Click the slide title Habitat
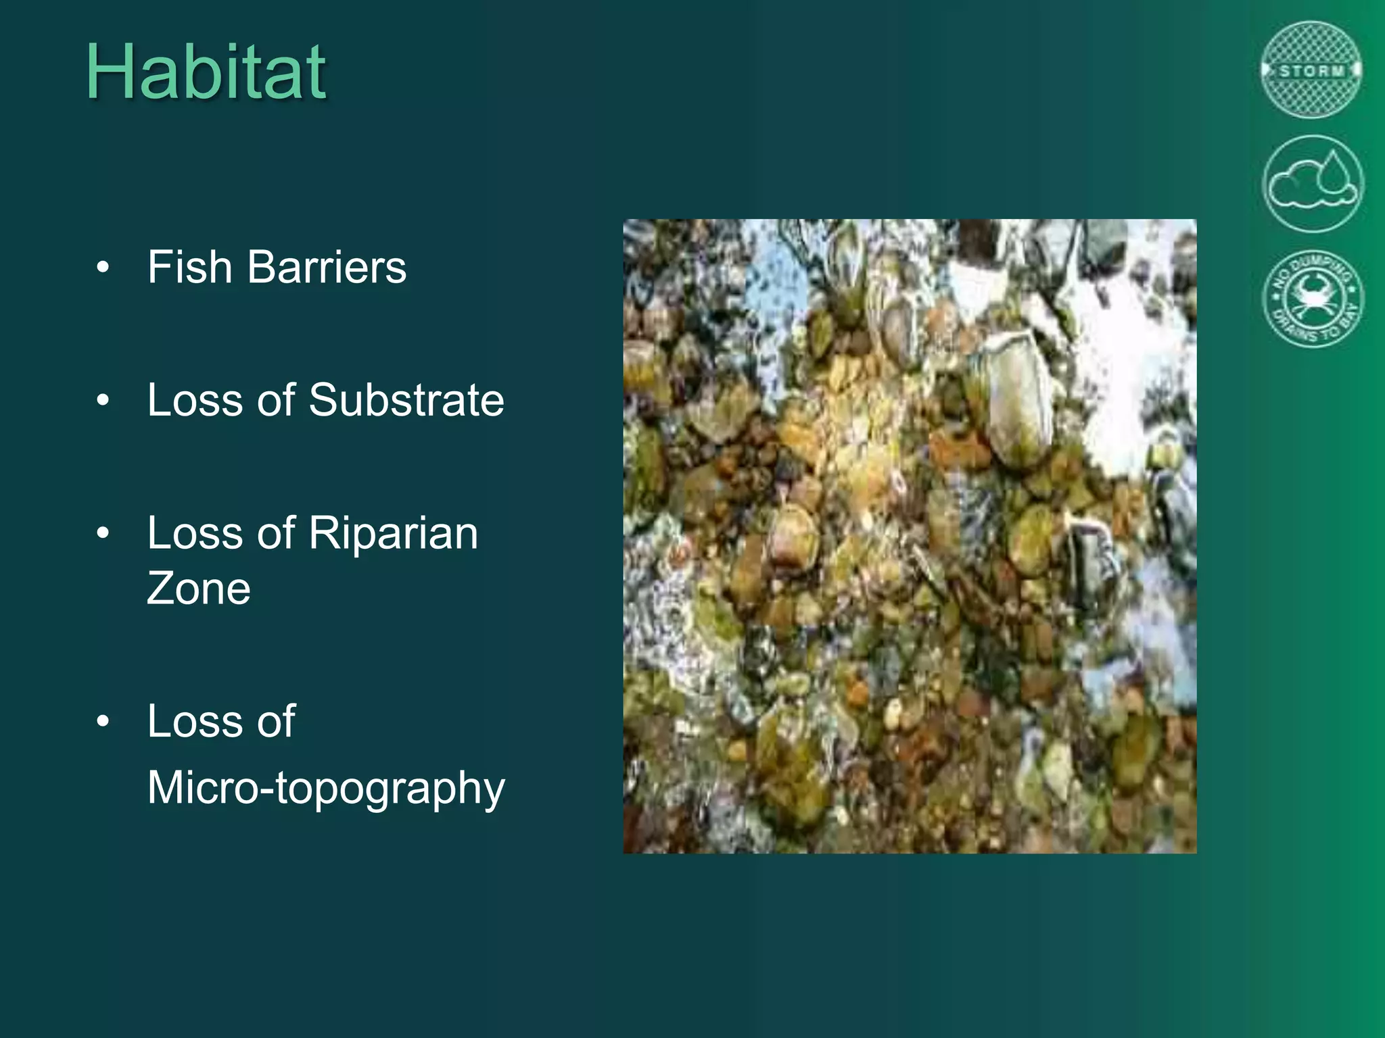click(x=206, y=72)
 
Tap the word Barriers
click(x=327, y=267)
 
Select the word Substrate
click(x=406, y=400)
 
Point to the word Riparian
click(x=393, y=533)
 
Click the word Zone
click(x=198, y=588)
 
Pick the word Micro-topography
click(x=326, y=788)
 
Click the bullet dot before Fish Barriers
click(x=103, y=268)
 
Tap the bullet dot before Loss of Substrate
click(x=103, y=401)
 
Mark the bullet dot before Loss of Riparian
click(x=103, y=534)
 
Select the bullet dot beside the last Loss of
click(x=103, y=721)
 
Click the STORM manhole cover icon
click(x=1311, y=70)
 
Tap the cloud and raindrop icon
click(x=1313, y=184)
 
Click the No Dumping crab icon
click(x=1313, y=299)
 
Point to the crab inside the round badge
click(x=1313, y=297)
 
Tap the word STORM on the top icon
click(x=1311, y=71)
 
